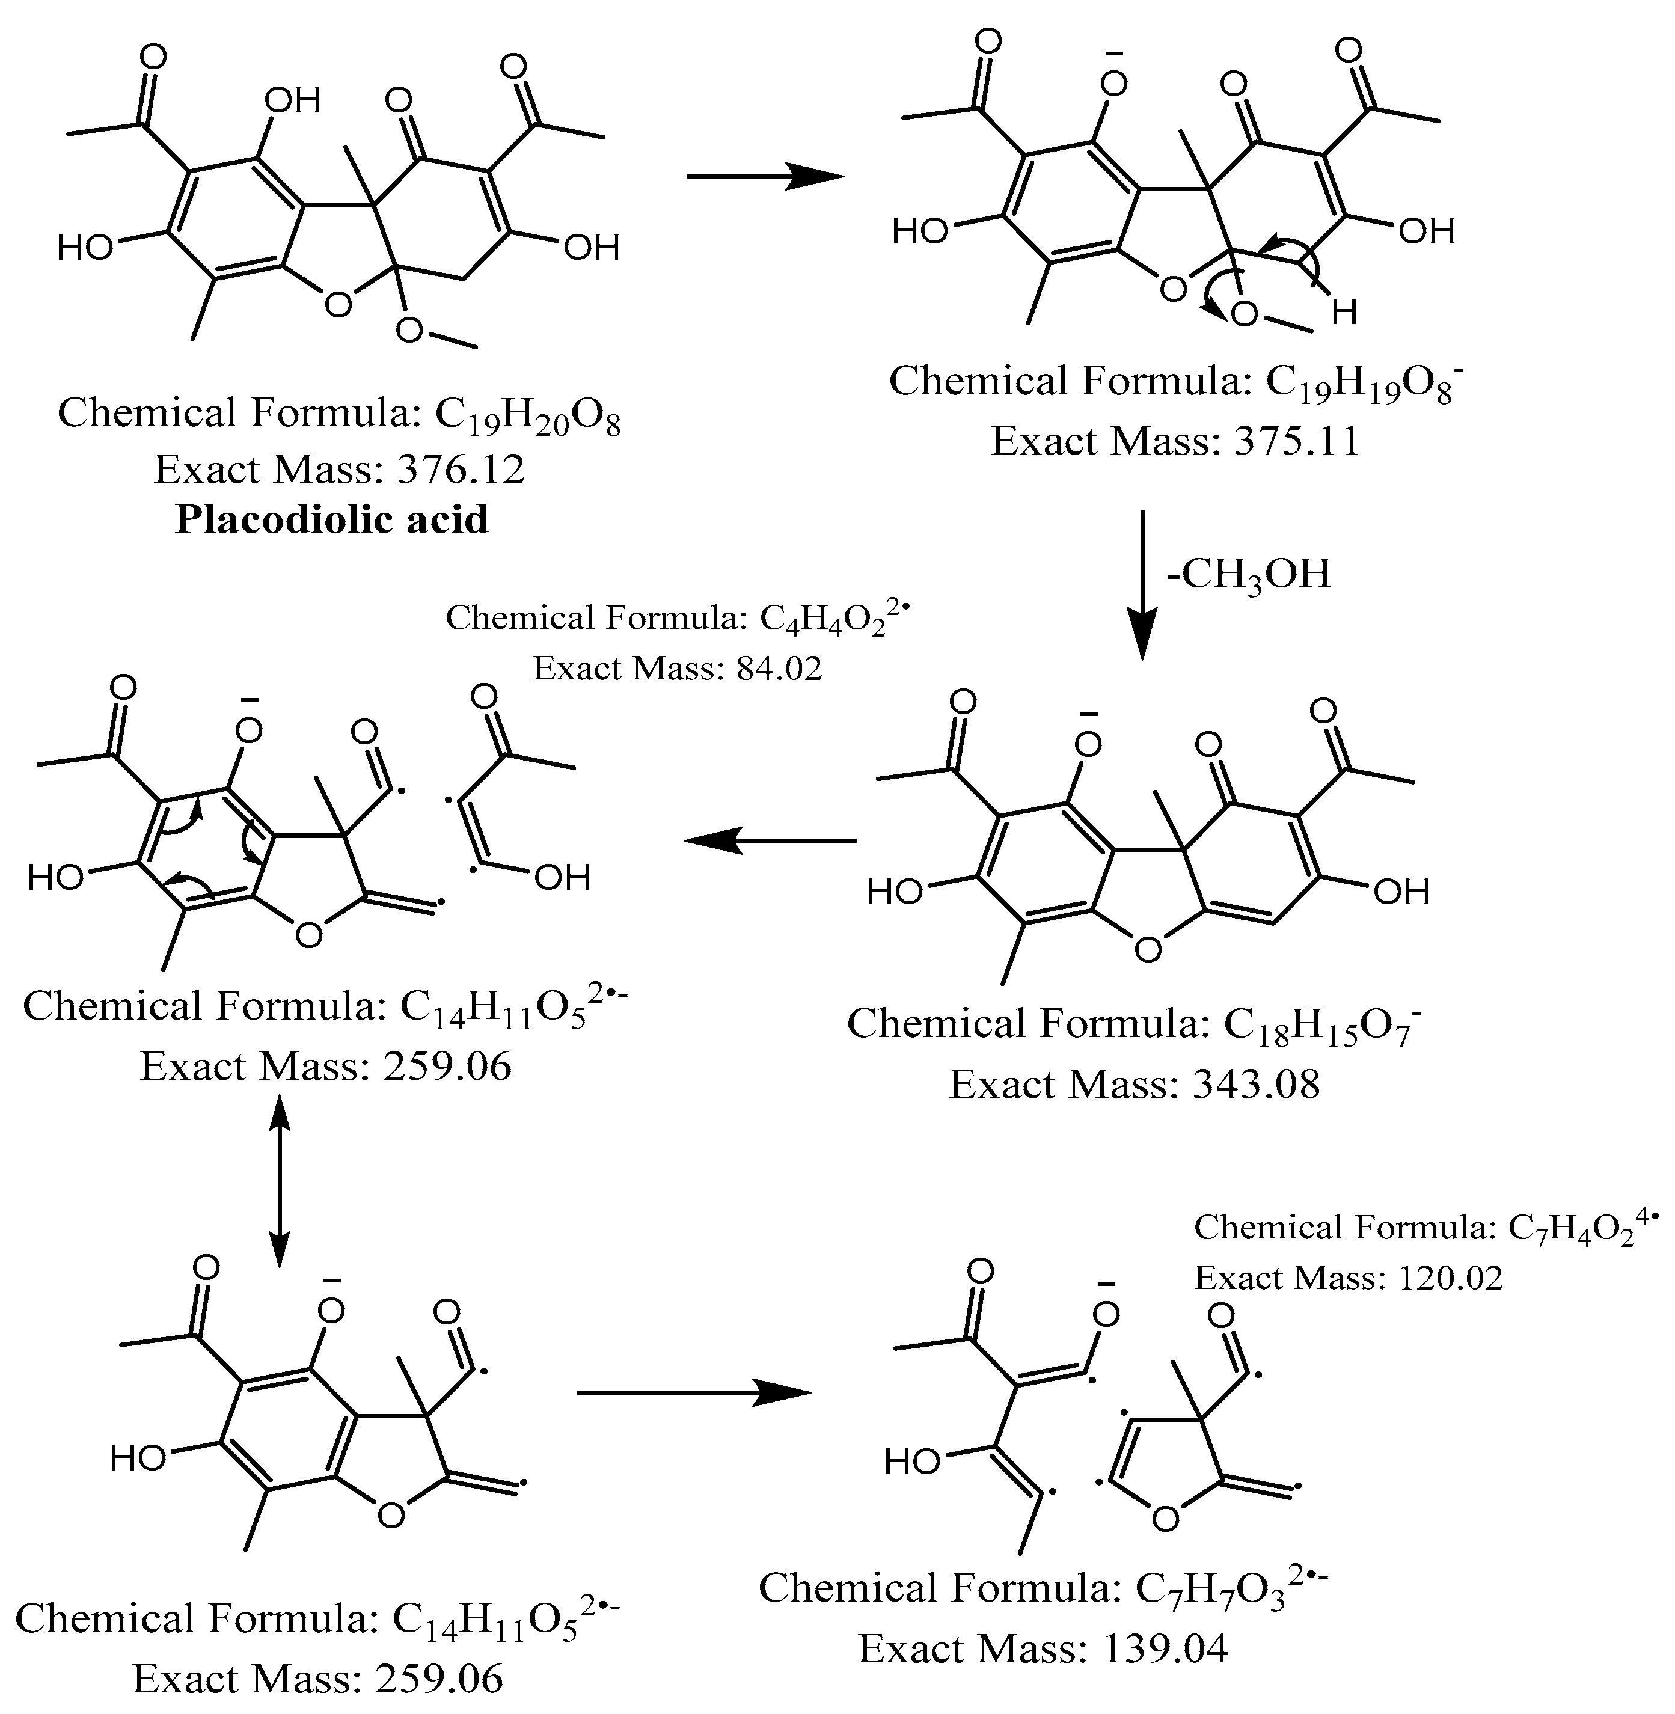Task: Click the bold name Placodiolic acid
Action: click(x=332, y=520)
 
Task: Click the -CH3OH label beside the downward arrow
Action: click(x=1248, y=574)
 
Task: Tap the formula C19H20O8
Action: click(x=528, y=414)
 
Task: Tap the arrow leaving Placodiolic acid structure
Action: click(x=764, y=177)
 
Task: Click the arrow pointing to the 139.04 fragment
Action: click(x=693, y=1393)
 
